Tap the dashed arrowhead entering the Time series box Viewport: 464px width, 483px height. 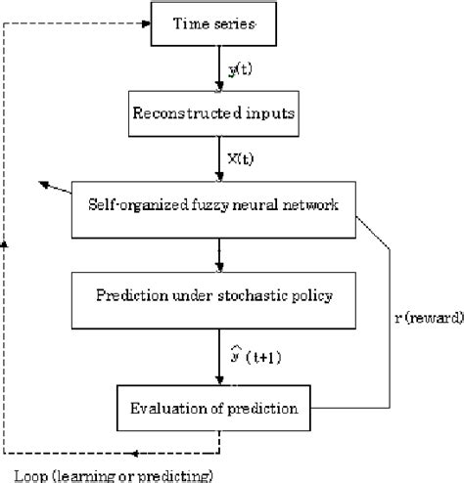tap(142, 24)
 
